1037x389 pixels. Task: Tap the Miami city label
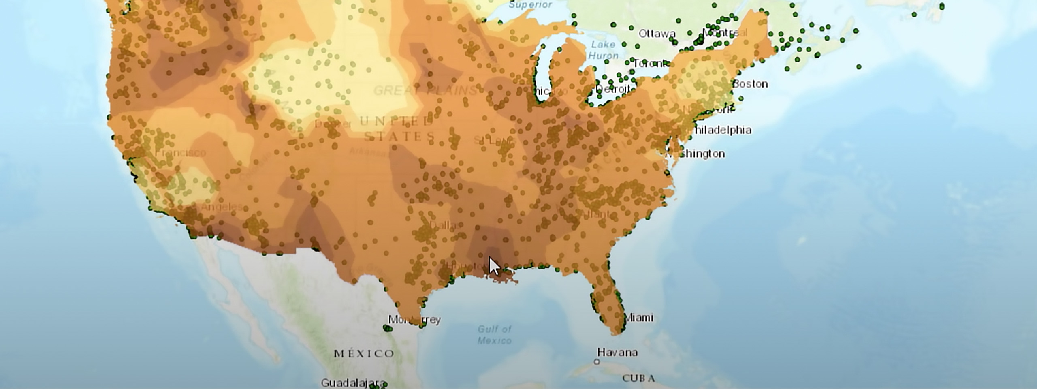(639, 317)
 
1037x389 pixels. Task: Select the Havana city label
(617, 352)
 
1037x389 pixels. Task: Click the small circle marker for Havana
(597, 362)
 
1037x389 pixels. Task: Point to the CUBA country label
(638, 378)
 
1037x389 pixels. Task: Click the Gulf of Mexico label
(494, 335)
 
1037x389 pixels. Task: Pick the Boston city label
(750, 84)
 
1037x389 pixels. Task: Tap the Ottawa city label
(657, 34)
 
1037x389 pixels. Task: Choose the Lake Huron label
(603, 50)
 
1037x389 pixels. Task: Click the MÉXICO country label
(364, 353)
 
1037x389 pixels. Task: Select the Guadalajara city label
(352, 383)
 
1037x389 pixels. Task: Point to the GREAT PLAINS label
(425, 90)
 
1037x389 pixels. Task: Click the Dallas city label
(443, 225)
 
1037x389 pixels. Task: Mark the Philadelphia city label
(722, 130)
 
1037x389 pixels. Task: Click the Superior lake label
(530, 5)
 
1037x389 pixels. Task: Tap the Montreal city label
(725, 32)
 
